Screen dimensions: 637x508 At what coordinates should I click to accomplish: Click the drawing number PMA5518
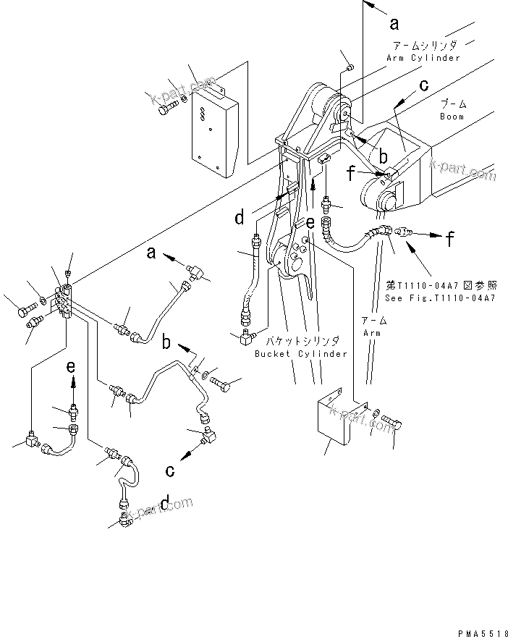tap(482, 632)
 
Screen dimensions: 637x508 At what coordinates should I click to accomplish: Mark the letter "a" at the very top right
tap(394, 23)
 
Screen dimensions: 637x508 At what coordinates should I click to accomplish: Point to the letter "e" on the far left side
tap(71, 367)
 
